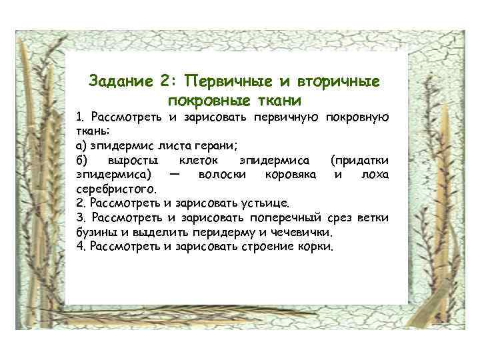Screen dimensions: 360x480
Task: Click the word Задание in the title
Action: [120, 82]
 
